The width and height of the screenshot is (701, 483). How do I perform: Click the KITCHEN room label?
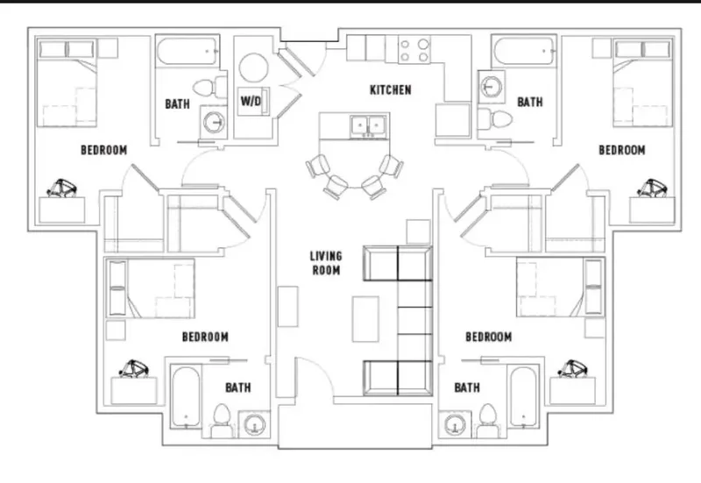click(390, 90)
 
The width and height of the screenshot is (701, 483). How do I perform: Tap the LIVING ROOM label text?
click(326, 263)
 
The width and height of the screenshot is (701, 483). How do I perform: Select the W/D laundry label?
click(251, 101)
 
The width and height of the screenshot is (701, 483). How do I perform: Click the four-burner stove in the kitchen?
click(414, 50)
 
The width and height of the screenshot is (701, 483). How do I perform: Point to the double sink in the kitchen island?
click(368, 125)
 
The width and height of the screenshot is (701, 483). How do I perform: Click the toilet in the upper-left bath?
click(209, 87)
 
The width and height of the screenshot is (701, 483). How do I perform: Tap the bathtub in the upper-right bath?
click(524, 52)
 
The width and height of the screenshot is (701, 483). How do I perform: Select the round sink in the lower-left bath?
click(255, 424)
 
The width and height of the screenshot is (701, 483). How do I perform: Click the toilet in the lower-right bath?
click(488, 422)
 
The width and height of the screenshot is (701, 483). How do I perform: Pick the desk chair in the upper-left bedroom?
click(62, 188)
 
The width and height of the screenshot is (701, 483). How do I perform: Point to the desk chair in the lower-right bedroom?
click(573, 369)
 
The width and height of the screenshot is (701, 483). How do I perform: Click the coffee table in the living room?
click(365, 319)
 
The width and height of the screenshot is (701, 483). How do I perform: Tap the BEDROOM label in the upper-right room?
click(622, 150)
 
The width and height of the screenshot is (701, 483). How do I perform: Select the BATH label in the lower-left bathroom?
click(238, 387)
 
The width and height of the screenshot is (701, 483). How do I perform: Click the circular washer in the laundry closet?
click(253, 67)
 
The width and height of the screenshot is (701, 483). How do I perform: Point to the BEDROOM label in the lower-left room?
click(205, 337)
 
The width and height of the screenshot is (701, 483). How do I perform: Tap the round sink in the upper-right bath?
click(491, 86)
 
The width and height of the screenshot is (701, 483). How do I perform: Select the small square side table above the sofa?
click(418, 231)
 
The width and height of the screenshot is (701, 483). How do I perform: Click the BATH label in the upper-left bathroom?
click(178, 103)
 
